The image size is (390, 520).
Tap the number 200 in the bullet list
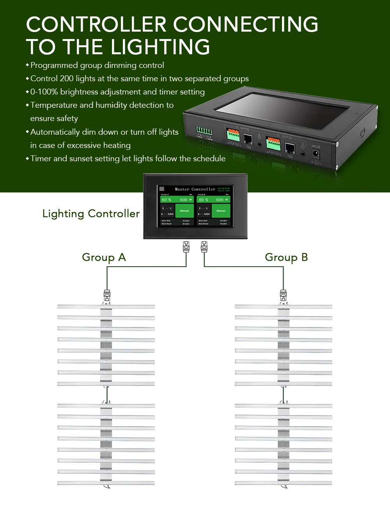[x=67, y=78]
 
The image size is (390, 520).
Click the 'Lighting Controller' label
[x=91, y=214]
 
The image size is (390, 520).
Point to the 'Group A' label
[x=104, y=257]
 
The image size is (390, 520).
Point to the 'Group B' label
[x=286, y=257]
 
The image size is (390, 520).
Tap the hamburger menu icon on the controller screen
[x=162, y=189]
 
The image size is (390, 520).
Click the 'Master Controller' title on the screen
[x=195, y=189]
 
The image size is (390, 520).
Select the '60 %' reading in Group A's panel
[x=167, y=199]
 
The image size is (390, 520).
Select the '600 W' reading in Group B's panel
[x=222, y=199]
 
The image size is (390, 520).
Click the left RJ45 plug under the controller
[x=186, y=247]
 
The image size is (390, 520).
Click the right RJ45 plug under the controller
[x=204, y=247]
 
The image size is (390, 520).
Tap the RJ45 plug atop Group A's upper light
[x=107, y=295]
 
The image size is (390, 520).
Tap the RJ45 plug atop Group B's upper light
[x=284, y=295]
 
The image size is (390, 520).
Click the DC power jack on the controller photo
[x=316, y=153]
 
